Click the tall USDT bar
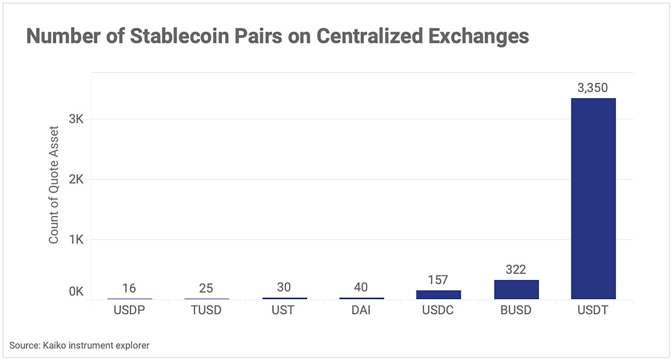593,199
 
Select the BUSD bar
516,290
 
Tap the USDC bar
438,294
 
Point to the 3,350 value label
593,88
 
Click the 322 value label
516,270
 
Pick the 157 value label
438,280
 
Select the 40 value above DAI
361,287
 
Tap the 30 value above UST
284,288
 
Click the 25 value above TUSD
206,288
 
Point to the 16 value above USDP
129,288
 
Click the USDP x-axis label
129,311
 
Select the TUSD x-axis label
206,311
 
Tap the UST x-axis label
284,311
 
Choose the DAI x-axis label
361,311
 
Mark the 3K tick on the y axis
76,119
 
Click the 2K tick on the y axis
76,179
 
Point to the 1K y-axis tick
76,240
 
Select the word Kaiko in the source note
55,345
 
